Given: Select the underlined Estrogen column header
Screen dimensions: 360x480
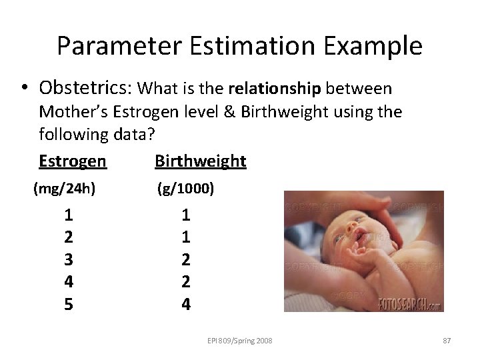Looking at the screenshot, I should point(72,161).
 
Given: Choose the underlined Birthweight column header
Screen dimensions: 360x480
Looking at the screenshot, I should point(200,161).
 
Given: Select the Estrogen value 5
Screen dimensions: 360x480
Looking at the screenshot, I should point(69,304).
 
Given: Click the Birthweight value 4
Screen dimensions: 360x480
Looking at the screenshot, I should point(186,304).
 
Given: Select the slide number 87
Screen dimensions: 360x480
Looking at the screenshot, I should point(447,341).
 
